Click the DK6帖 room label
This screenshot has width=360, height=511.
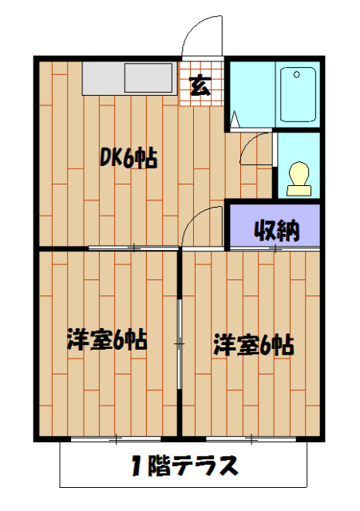(128, 158)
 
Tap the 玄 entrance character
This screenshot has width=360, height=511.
(201, 84)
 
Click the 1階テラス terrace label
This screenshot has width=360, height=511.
(184, 466)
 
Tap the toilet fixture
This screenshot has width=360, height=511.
(299, 176)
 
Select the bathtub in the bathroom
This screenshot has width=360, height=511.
(298, 93)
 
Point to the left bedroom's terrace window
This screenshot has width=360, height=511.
(116, 438)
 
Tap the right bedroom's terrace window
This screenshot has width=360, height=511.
(252, 438)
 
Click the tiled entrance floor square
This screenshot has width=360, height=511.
(201, 82)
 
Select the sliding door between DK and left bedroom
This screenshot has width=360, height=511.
(133, 248)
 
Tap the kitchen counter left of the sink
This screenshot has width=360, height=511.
(102, 78)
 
